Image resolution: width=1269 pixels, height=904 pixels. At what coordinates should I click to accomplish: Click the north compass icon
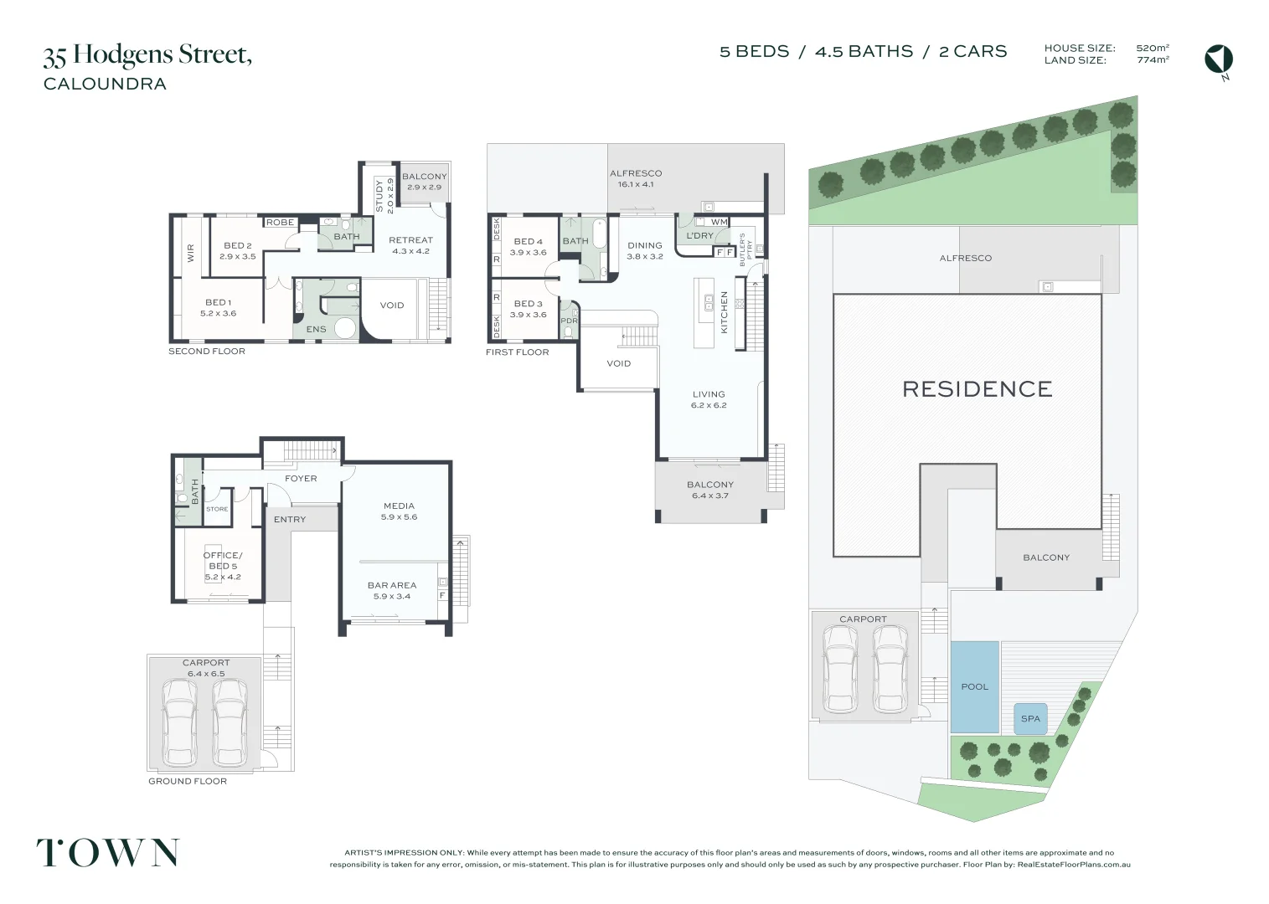[x=1219, y=59]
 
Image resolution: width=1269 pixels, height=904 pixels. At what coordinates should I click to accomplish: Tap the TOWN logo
[x=107, y=852]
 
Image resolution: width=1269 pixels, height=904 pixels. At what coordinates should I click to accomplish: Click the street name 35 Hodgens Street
[x=147, y=55]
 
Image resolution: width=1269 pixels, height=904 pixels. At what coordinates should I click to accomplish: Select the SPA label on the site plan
[x=1030, y=718]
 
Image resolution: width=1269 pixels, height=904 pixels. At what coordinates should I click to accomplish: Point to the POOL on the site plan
[x=974, y=686]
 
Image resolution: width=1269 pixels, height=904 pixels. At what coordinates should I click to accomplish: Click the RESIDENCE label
[x=977, y=388]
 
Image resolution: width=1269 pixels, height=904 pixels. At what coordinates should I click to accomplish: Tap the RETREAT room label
[x=410, y=240]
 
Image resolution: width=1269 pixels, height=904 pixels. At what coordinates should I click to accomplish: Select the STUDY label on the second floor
[x=379, y=195]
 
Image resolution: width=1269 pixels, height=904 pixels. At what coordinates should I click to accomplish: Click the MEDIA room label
[x=399, y=506]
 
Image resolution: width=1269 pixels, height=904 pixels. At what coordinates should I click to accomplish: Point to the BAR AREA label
[x=391, y=585]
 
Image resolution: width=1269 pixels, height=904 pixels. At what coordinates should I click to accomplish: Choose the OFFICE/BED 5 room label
[x=223, y=561]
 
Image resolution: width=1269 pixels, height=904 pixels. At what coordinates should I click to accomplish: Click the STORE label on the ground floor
[x=217, y=509]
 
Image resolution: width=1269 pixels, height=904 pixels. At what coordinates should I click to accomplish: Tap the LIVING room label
[x=709, y=394]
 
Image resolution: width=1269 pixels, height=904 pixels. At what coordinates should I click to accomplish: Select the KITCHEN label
[x=725, y=312]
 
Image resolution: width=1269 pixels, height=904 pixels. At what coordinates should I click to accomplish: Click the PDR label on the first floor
[x=569, y=321]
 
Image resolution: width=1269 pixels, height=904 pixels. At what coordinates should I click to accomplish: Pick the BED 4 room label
[x=529, y=241]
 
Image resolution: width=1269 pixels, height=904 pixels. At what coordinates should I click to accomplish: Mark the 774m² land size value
[x=1153, y=60]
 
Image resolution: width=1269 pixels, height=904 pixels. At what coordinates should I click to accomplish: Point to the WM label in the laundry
[x=720, y=222]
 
